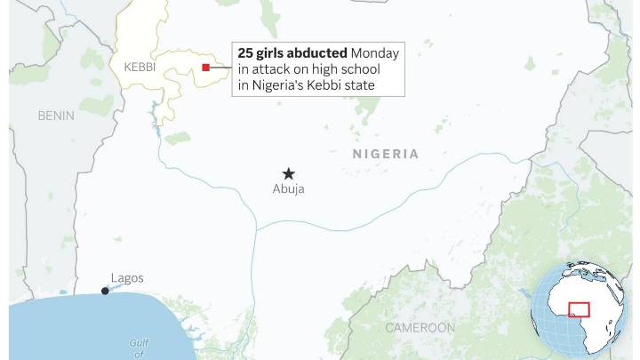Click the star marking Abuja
[x=288, y=173]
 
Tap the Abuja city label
[x=288, y=189]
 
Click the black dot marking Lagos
[x=105, y=291]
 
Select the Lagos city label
[x=127, y=278]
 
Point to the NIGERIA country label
[x=386, y=154]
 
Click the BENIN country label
[x=56, y=116]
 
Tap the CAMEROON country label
[x=420, y=328]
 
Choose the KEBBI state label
[x=140, y=67]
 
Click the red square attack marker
[x=206, y=68]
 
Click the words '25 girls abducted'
[x=292, y=53]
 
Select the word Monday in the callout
[x=375, y=53]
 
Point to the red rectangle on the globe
[x=580, y=309]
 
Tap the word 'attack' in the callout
[x=269, y=69]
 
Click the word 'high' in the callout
[x=341, y=69]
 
